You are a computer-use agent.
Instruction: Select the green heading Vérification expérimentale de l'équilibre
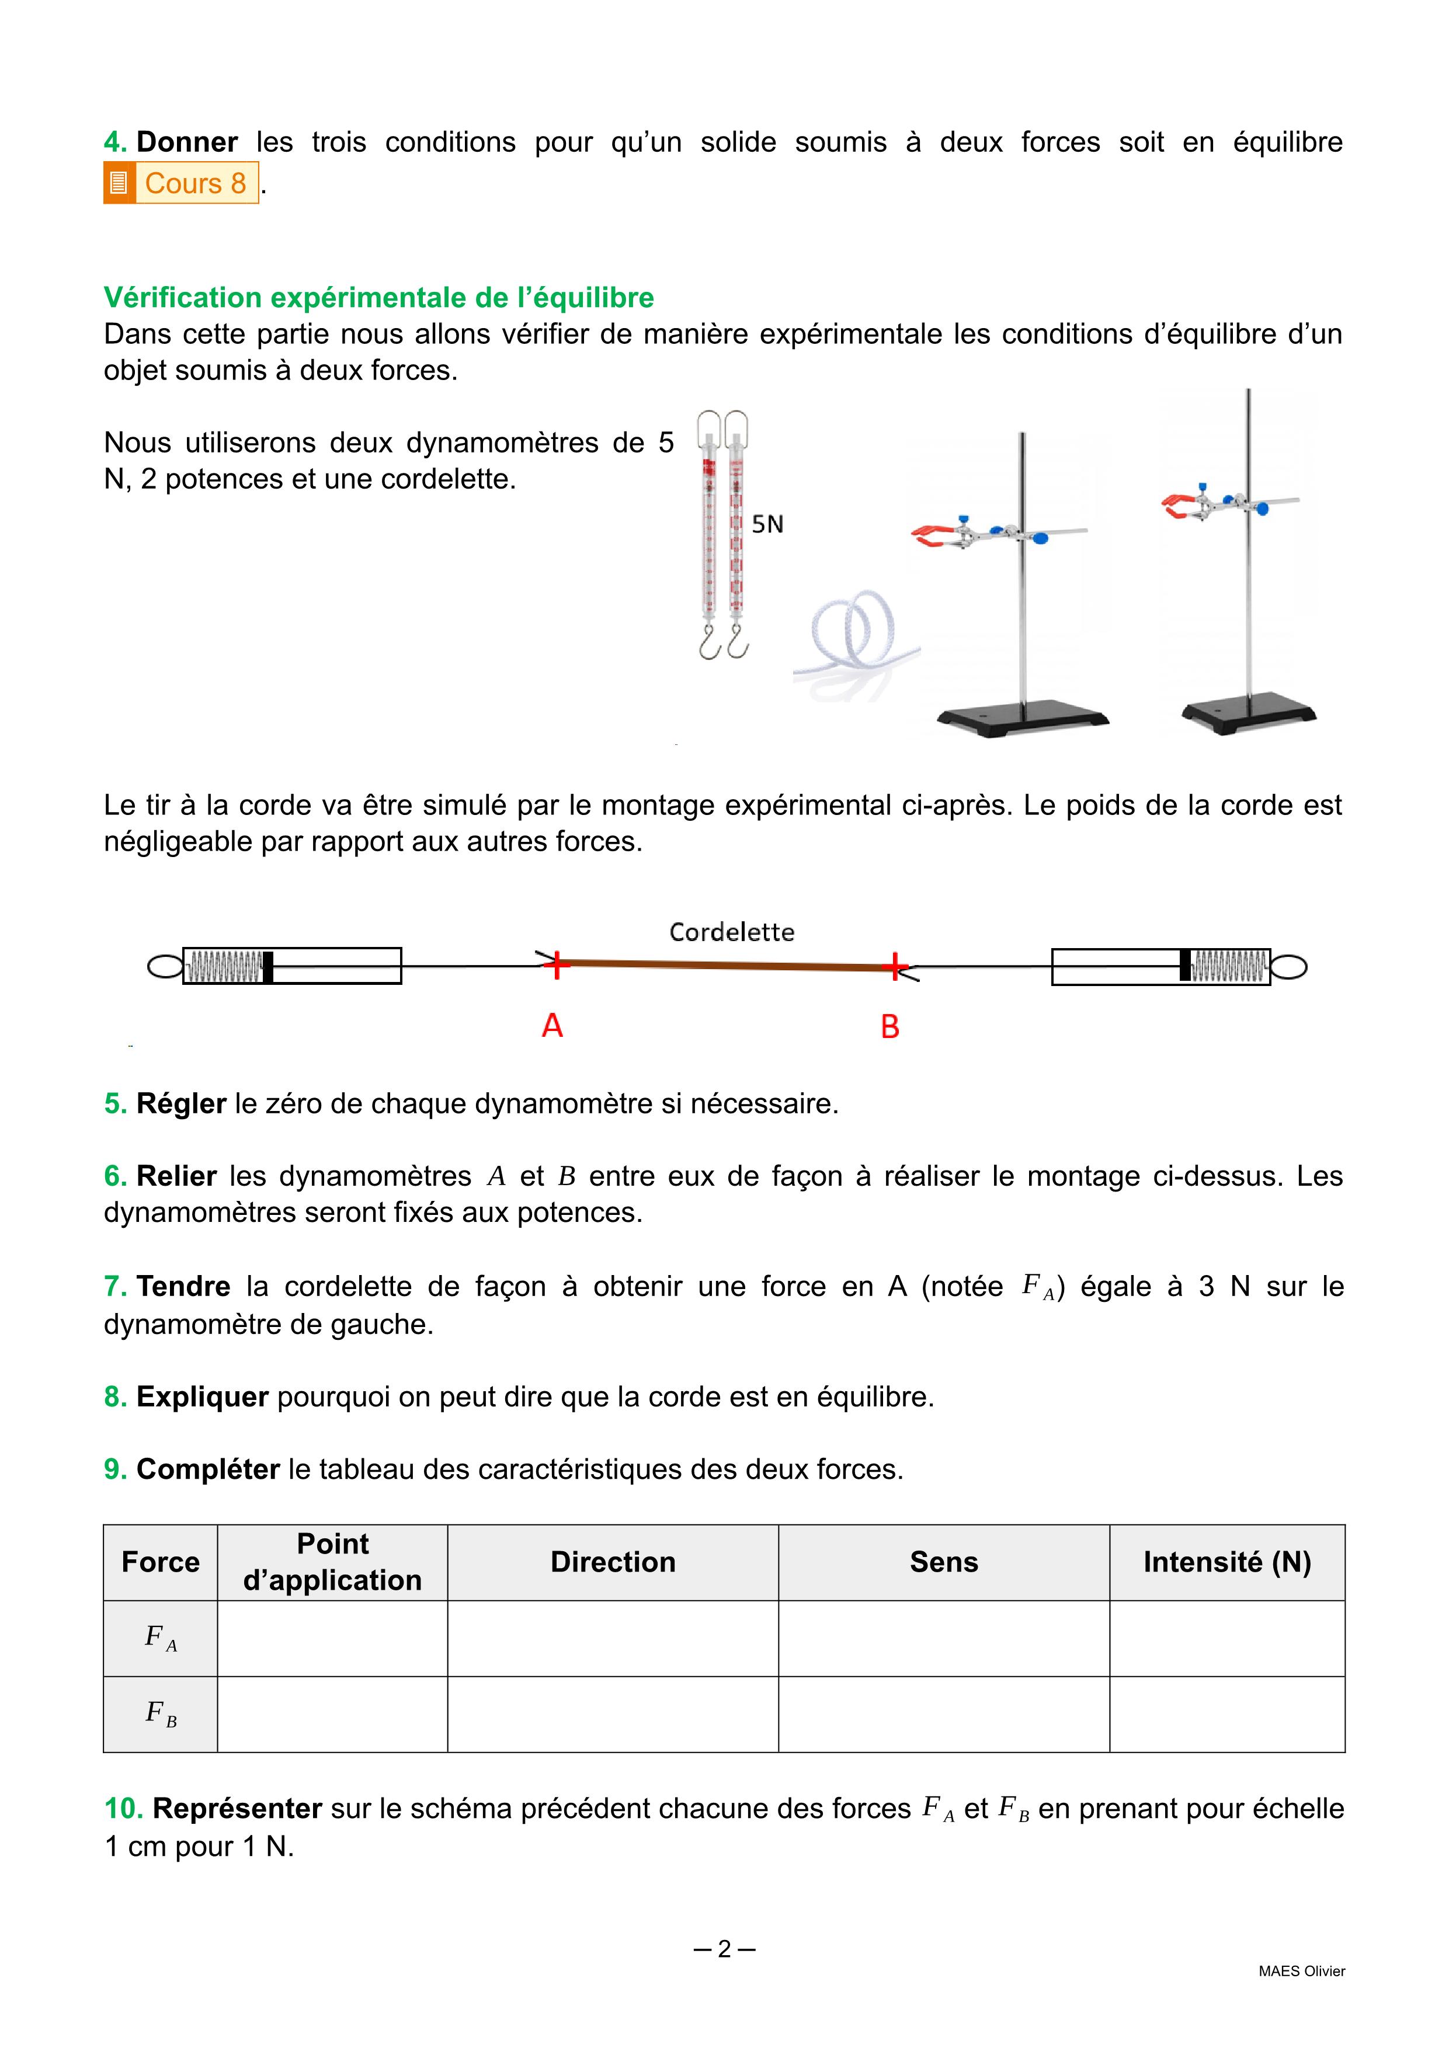[x=378, y=297]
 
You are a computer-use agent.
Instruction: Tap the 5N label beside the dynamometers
[x=767, y=524]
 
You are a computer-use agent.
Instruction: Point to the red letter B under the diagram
[x=889, y=1027]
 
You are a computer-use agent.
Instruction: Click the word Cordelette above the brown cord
[x=732, y=932]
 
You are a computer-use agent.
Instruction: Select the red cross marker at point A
[x=557, y=964]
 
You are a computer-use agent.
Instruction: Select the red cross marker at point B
[x=894, y=966]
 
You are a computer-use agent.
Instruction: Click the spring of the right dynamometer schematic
[x=1229, y=966]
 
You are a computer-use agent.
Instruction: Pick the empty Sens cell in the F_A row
[x=944, y=1639]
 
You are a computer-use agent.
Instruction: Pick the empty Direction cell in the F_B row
[x=613, y=1715]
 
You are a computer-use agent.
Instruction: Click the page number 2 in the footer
[x=724, y=1949]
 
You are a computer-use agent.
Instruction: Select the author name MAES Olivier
[x=1301, y=1972]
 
